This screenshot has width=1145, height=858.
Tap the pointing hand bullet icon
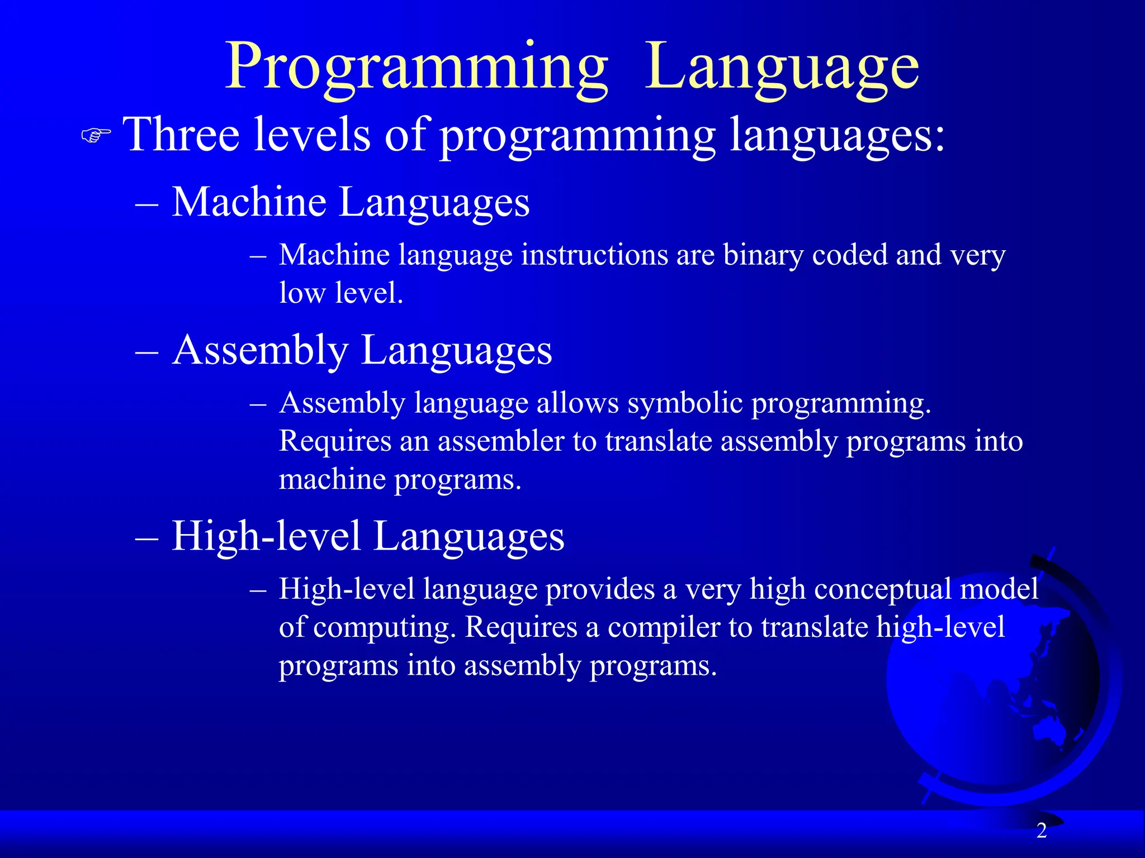96,136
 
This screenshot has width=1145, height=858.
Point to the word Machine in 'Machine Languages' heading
249,202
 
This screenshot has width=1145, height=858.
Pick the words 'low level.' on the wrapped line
341,293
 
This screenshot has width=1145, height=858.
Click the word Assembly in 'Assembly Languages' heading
260,351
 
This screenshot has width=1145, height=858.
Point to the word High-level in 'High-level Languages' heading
266,536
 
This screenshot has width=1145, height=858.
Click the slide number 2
1041,831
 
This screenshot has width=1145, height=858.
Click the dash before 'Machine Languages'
147,204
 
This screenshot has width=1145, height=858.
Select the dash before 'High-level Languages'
147,538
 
